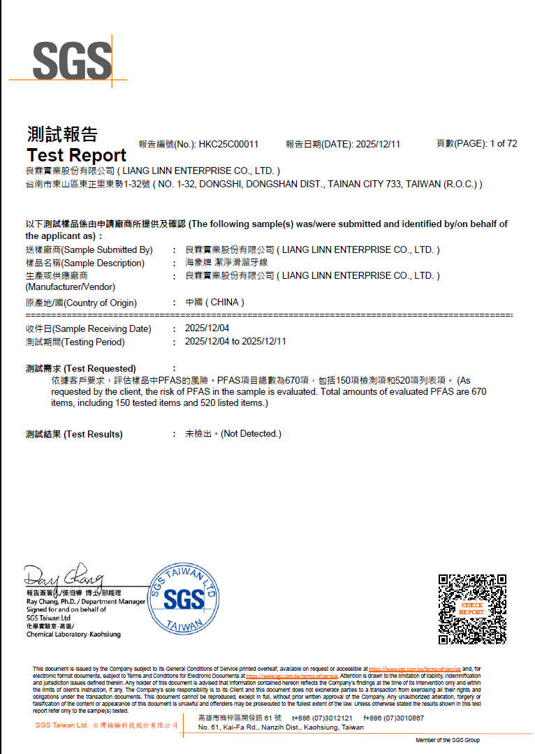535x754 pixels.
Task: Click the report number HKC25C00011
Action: pyautogui.click(x=228, y=144)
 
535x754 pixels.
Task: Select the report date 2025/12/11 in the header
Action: pyautogui.click(x=378, y=144)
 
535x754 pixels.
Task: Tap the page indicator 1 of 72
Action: pyautogui.click(x=503, y=143)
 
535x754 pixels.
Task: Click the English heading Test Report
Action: pyautogui.click(x=76, y=155)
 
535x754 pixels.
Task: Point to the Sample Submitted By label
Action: pyautogui.click(x=89, y=249)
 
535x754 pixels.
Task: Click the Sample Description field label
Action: pyautogui.click(x=85, y=263)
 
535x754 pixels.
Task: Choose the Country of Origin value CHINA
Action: pyautogui.click(x=214, y=303)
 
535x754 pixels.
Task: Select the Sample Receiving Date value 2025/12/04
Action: pyautogui.click(x=207, y=328)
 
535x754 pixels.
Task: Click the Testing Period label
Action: pyautogui.click(x=75, y=342)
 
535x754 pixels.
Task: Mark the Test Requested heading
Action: pyautogui.click(x=80, y=368)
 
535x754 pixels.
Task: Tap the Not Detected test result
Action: pyautogui.click(x=233, y=434)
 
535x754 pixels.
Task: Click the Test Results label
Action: pyautogui.click(x=74, y=434)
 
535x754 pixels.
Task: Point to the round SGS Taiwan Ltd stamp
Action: pyautogui.click(x=183, y=597)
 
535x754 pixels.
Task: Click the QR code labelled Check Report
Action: pyautogui.click(x=471, y=609)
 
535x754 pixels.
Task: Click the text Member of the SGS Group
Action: pyautogui.click(x=448, y=740)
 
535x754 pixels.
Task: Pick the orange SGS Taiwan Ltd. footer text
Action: pyautogui.click(x=61, y=725)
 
